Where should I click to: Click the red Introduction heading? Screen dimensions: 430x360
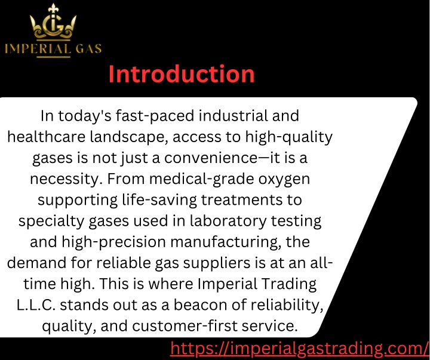click(x=182, y=74)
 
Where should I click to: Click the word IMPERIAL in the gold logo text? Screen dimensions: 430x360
click(x=38, y=49)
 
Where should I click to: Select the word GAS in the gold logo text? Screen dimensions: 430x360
click(x=88, y=49)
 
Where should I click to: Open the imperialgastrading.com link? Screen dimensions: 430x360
click(x=299, y=349)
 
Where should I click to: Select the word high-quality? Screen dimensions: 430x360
click(x=289, y=137)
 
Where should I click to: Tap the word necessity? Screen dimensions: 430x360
click(x=66, y=179)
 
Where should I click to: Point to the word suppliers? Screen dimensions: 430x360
click(x=217, y=263)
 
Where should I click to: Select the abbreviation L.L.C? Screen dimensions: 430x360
click(x=36, y=305)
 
